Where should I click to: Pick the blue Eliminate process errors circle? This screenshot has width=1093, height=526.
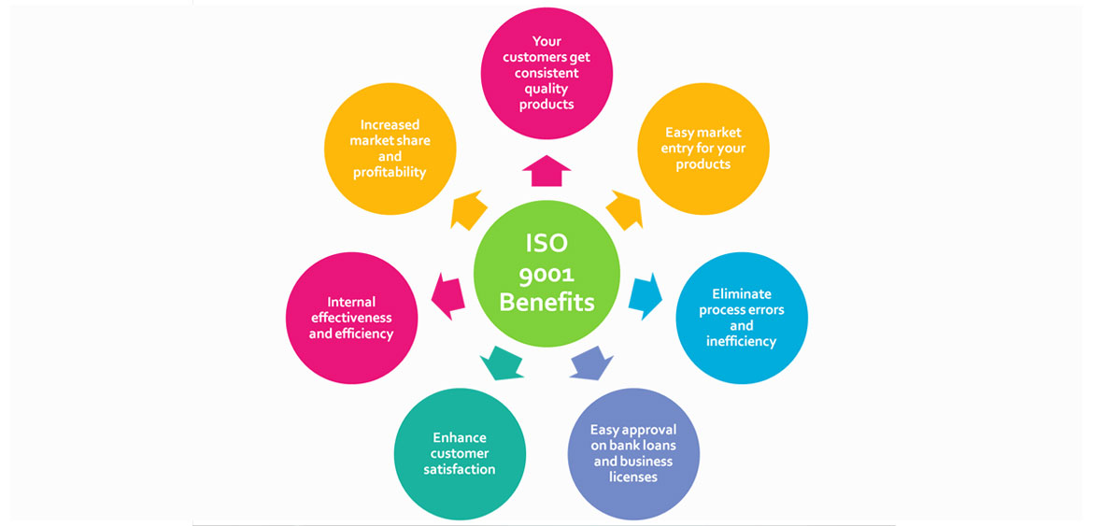tap(742, 318)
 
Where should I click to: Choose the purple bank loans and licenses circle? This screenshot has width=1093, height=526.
tap(634, 453)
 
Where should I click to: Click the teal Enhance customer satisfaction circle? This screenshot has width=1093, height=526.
tap(460, 453)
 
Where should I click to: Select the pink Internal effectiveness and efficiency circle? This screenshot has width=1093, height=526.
tap(351, 318)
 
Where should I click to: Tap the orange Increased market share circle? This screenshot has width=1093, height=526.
tap(390, 149)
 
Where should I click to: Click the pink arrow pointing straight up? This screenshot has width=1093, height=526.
tap(546, 171)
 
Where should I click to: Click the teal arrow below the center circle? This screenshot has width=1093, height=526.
tap(502, 362)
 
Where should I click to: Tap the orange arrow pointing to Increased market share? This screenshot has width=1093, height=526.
tap(469, 209)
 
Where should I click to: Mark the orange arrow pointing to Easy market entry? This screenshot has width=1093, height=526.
tap(624, 209)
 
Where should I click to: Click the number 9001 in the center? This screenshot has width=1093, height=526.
tap(546, 275)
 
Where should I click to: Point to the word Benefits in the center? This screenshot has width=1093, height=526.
tap(546, 302)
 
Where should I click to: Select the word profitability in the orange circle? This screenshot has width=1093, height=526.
tap(390, 172)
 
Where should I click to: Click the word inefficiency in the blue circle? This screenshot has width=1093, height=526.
tap(742, 341)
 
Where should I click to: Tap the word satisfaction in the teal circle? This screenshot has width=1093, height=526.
tap(460, 469)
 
